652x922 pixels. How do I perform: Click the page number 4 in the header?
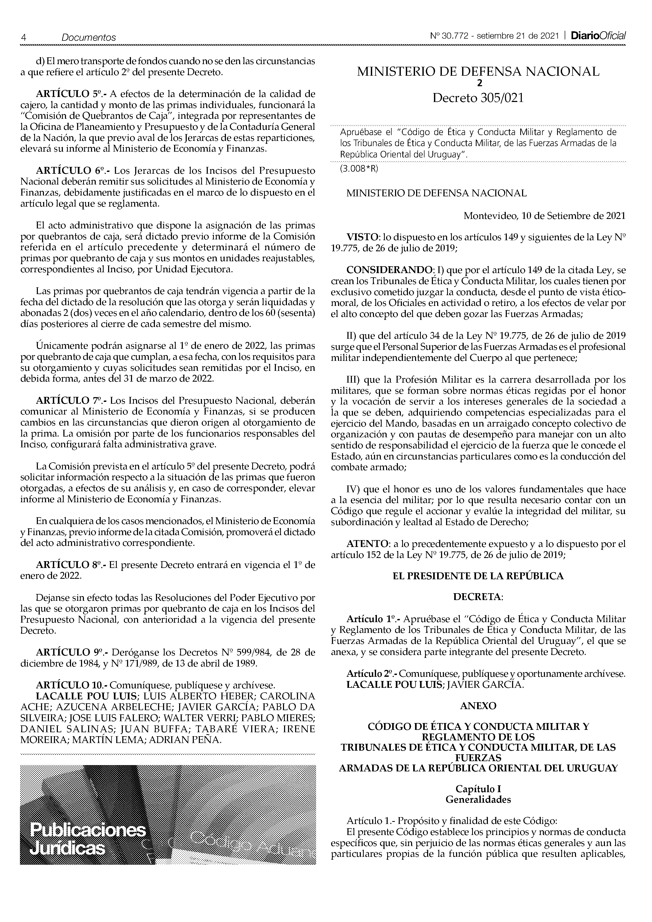coord(24,37)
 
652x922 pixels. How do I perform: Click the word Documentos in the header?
coord(88,37)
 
